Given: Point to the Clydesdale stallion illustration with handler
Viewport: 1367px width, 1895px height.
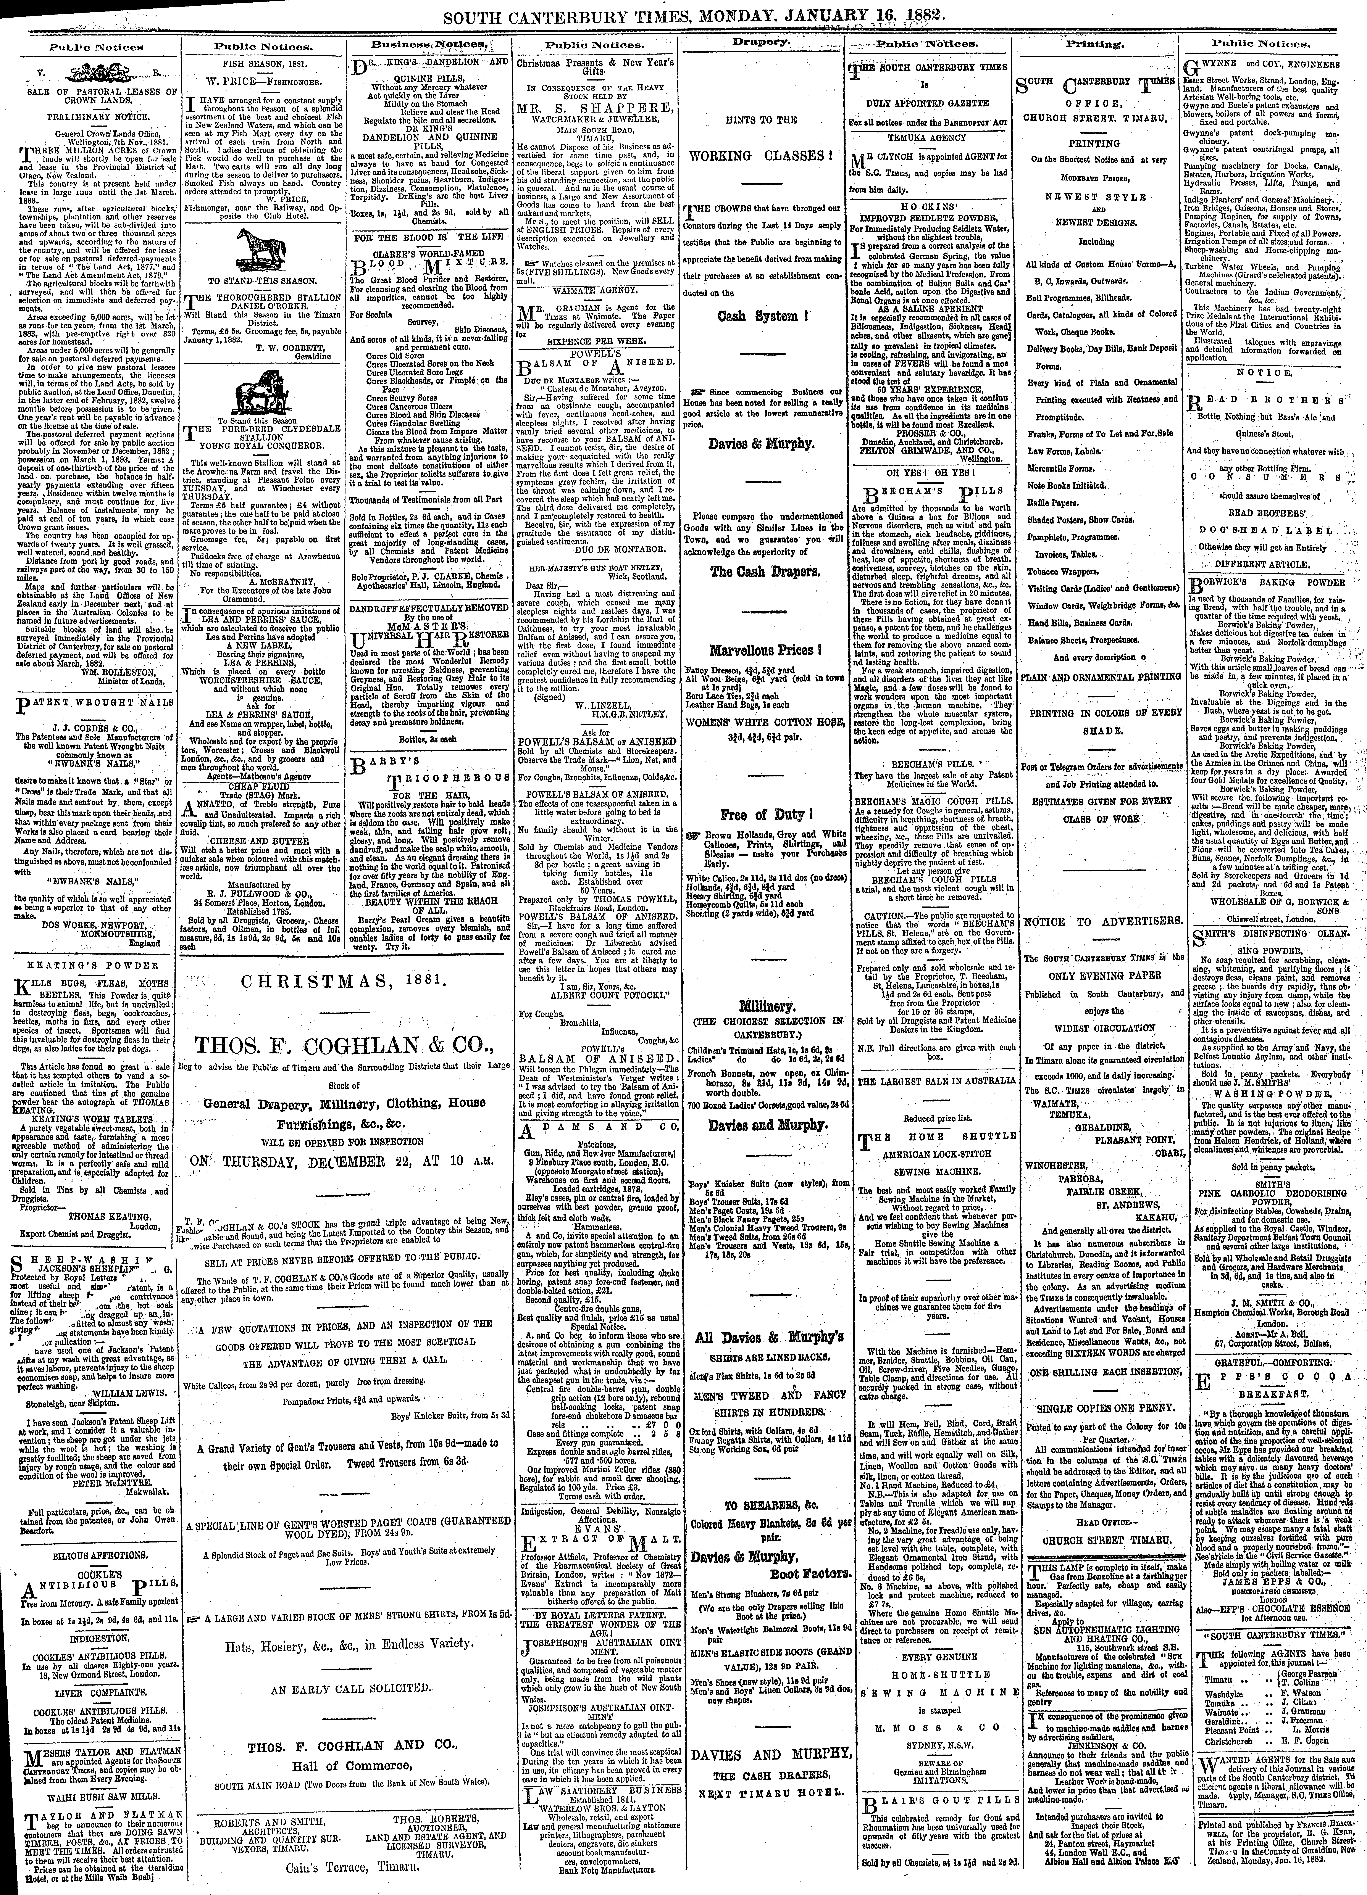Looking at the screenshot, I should pyautogui.click(x=259, y=391).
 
